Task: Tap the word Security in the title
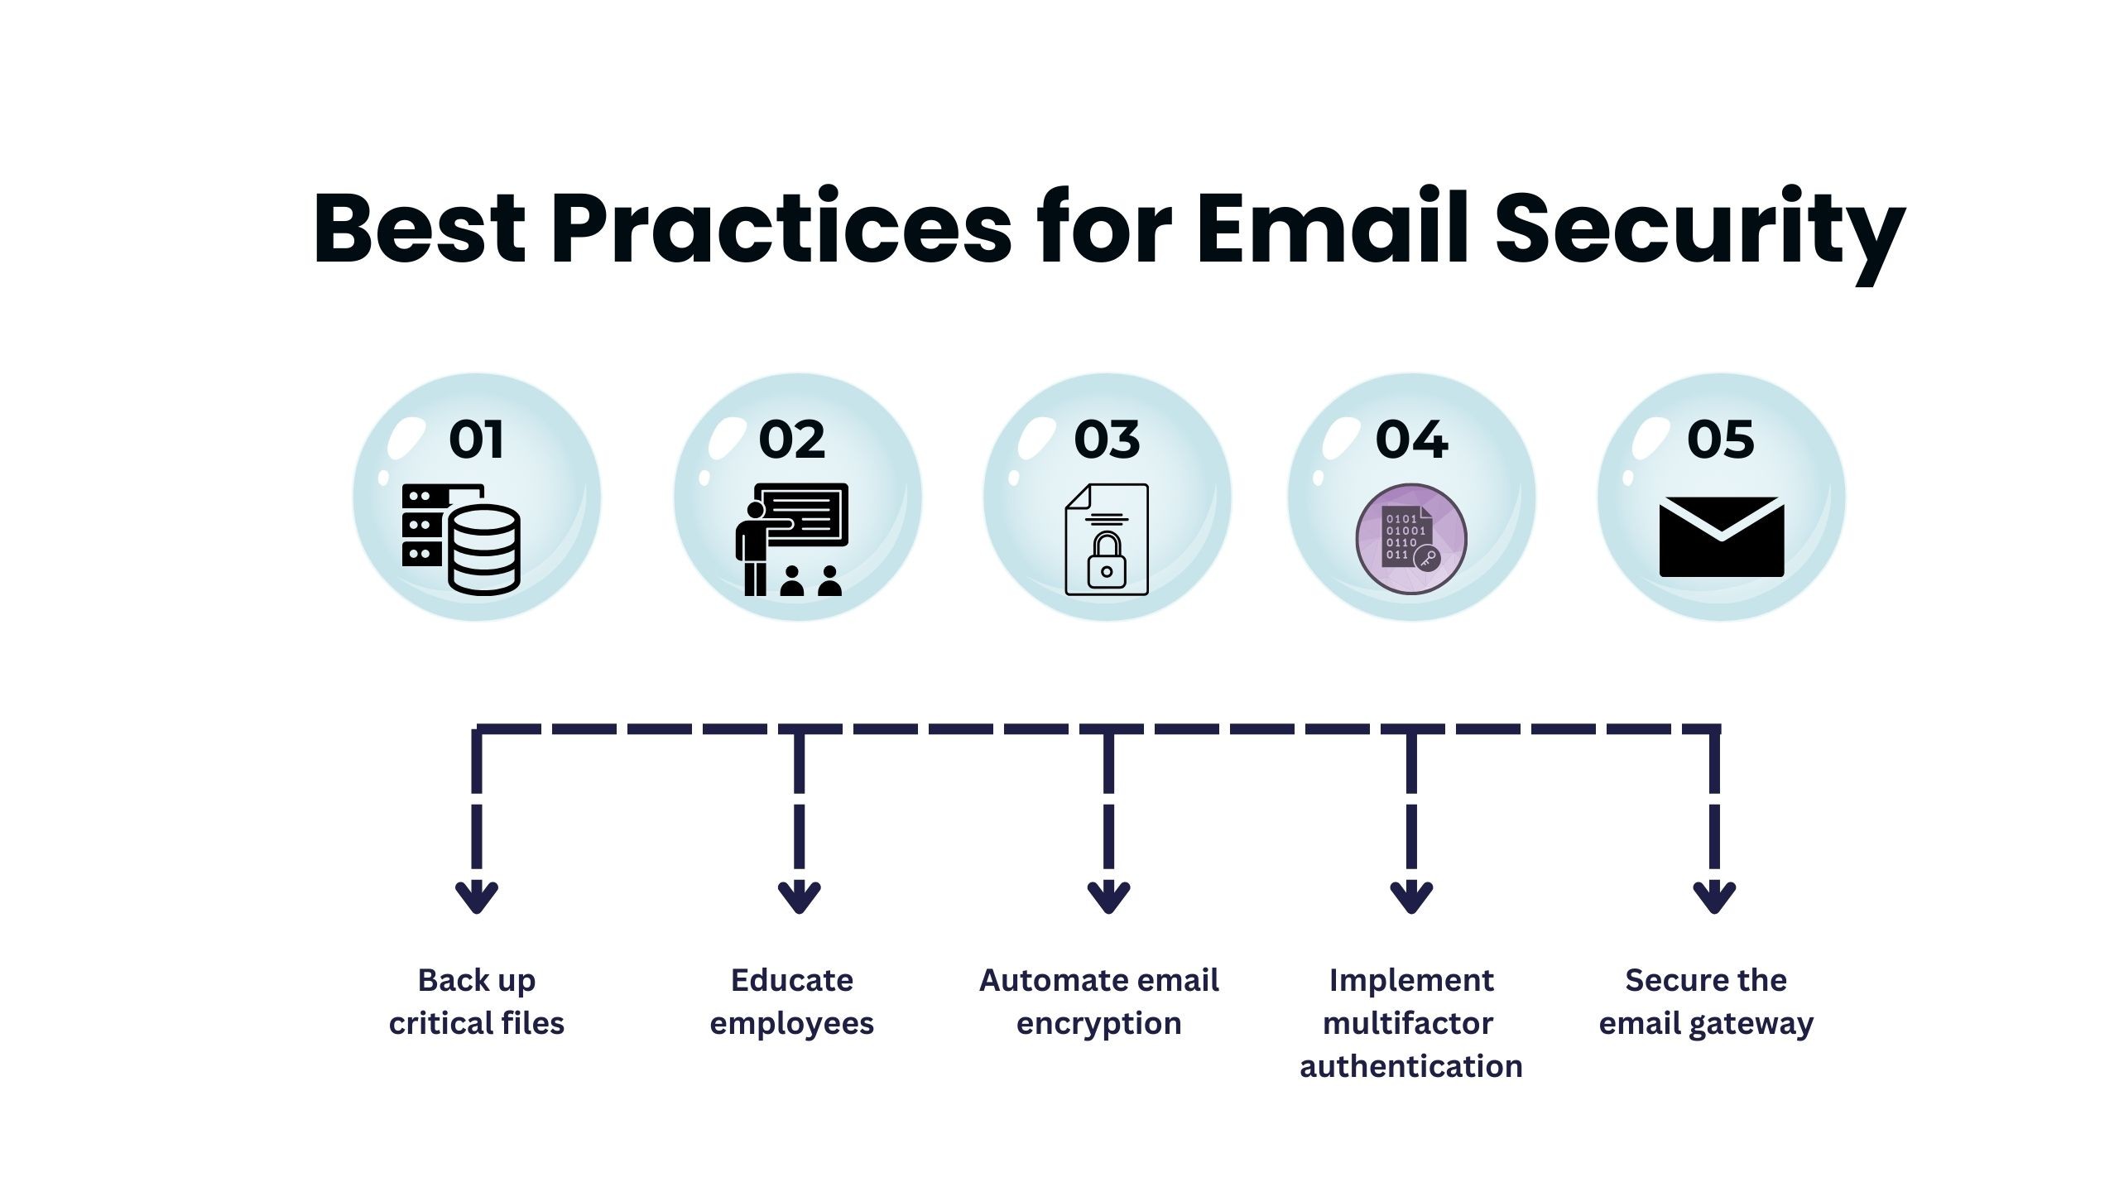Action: tap(1700, 234)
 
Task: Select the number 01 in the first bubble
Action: tap(476, 440)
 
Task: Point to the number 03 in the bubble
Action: tap(1107, 440)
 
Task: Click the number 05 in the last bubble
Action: tap(1720, 440)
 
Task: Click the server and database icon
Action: tap(461, 540)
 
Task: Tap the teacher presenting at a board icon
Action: tap(792, 540)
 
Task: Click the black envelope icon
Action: tap(1722, 537)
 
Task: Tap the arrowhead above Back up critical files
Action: tap(477, 897)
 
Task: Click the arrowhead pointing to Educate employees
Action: tap(800, 897)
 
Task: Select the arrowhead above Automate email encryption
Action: tap(1108, 897)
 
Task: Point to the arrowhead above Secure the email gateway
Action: tap(1714, 897)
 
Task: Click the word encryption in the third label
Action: tap(1098, 1025)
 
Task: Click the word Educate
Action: tap(792, 980)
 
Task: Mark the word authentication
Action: tap(1411, 1066)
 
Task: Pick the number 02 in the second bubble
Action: tap(792, 440)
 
